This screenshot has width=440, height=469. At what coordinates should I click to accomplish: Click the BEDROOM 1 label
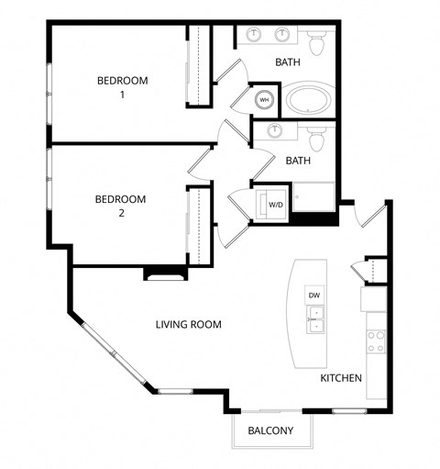click(122, 87)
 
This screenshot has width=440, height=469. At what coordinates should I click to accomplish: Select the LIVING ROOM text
click(188, 324)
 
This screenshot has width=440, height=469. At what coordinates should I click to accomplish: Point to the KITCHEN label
click(341, 378)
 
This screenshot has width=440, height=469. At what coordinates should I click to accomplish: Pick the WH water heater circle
click(265, 99)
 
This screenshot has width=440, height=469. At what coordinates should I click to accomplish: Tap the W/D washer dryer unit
click(275, 204)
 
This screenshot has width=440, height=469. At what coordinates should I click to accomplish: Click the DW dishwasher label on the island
click(313, 295)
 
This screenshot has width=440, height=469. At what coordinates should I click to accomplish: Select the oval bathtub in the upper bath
click(311, 99)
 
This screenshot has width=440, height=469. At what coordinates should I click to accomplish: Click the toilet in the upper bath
click(317, 42)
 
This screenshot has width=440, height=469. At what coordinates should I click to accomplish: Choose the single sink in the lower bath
click(274, 131)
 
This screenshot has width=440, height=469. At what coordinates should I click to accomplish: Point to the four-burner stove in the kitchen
click(376, 341)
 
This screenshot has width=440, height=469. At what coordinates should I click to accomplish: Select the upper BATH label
click(288, 62)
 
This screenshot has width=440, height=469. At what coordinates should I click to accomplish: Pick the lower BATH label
click(297, 161)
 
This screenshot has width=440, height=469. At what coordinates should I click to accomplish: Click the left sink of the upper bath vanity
click(254, 35)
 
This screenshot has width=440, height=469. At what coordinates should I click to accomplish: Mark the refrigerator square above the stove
click(375, 298)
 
